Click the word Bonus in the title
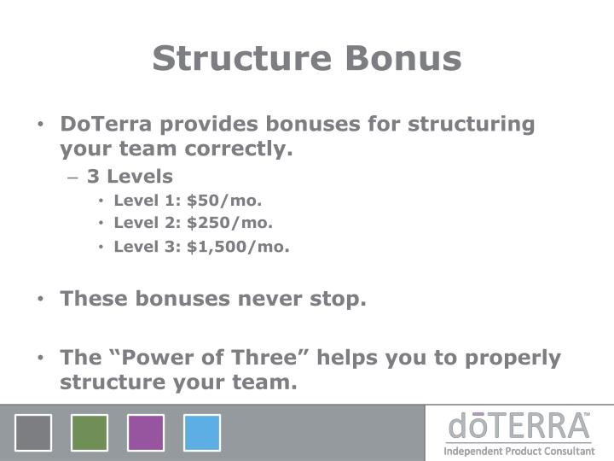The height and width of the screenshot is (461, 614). click(x=402, y=59)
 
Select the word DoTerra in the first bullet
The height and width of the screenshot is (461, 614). click(x=106, y=124)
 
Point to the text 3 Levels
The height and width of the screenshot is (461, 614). click(x=130, y=177)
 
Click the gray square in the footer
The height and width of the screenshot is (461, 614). click(x=33, y=433)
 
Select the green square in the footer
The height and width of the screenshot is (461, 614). click(x=90, y=433)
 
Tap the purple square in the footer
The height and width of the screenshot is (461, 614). click(x=146, y=433)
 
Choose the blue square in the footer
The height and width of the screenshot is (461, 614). click(x=202, y=433)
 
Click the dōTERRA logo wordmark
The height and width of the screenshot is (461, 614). click(x=519, y=426)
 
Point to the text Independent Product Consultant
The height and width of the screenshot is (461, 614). click(x=519, y=451)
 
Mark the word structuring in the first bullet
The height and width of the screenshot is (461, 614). click(x=471, y=124)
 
